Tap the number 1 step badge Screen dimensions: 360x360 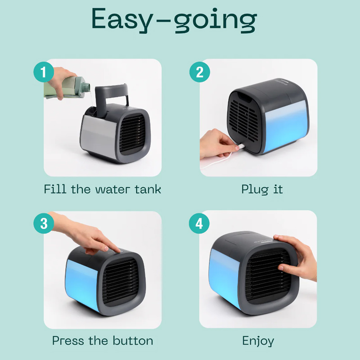coord(44,72)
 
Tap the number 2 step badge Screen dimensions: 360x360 coord(199,72)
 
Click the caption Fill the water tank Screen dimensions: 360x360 coord(102,189)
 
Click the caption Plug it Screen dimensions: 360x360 coord(262,189)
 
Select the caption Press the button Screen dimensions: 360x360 coord(102,341)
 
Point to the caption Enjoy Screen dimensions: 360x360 coord(258,341)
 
